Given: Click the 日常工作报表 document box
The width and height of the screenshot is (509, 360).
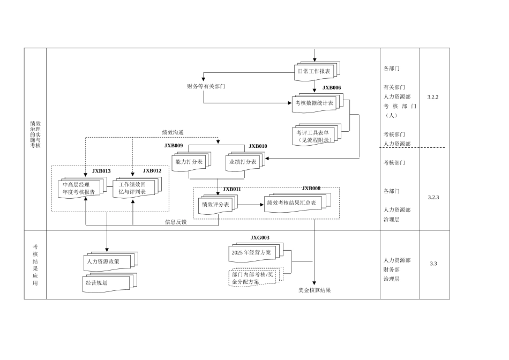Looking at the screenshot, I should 314,71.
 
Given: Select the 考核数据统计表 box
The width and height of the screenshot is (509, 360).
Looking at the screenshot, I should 314,103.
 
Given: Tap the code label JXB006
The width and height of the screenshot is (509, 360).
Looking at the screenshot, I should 332,87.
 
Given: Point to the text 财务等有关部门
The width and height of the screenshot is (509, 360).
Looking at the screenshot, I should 206,86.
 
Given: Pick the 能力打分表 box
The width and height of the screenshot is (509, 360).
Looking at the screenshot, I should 189,162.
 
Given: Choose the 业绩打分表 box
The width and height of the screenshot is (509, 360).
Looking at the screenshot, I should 243,162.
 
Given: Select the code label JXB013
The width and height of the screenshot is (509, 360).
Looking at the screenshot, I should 101,171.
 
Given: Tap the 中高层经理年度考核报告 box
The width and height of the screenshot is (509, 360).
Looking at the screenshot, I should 79,188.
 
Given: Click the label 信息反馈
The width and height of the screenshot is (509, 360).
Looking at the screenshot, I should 176,222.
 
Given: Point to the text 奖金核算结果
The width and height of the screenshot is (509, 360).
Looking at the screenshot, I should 315,290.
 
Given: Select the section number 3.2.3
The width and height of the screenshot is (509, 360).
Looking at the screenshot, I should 433,197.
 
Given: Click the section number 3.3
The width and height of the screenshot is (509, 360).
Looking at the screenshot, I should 433,264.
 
